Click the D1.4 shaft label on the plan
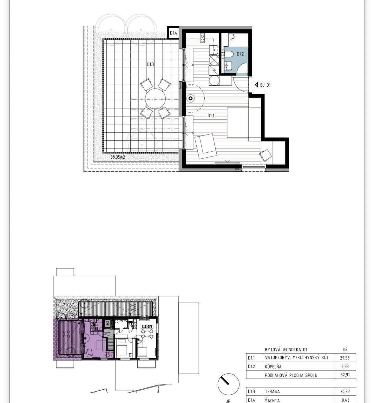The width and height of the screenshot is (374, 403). coord(174,33)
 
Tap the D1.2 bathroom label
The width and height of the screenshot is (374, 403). coord(240,54)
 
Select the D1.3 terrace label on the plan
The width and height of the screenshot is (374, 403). coord(151,64)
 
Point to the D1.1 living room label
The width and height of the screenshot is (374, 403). coord(211,116)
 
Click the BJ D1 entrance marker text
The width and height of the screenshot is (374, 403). coord(266,85)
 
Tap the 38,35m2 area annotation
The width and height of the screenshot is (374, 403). coord(118,157)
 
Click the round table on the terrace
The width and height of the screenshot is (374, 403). coord(155,99)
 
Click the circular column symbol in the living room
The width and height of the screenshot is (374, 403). coord(191,99)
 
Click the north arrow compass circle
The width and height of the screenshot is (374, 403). coord(228,384)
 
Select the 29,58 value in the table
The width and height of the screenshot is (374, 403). coord(345,358)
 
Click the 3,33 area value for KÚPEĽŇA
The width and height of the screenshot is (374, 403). coord(345,367)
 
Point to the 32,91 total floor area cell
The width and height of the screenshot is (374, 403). coord(345,375)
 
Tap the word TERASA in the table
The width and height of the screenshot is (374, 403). coord(272,391)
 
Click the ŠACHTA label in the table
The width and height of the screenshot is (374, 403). coord(272,400)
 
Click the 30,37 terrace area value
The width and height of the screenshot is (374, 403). coord(345,392)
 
